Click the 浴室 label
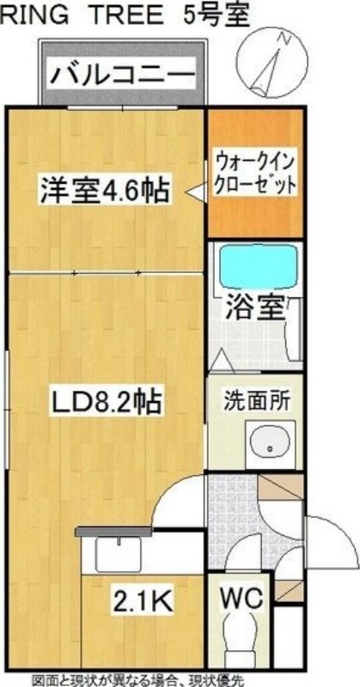tap(255, 308)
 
